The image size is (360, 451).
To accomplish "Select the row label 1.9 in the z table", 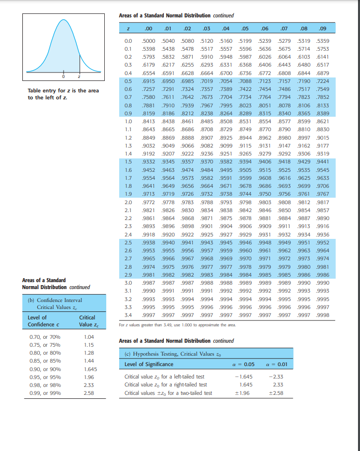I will (128, 194).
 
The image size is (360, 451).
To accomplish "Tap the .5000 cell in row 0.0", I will (148, 40).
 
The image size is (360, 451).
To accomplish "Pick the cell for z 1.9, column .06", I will (266, 194).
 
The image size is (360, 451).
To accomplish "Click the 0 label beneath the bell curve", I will (63, 78).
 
